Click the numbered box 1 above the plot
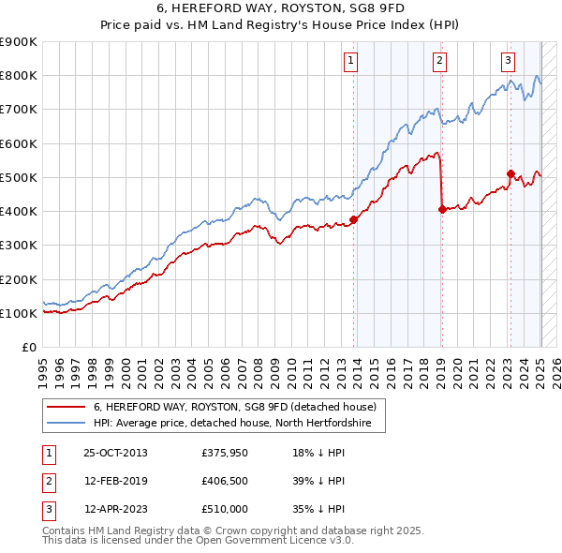tap(350, 62)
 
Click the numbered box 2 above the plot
tap(439, 62)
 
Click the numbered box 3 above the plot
tap(508, 62)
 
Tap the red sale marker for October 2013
tap(354, 220)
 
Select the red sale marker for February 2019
tap(441, 210)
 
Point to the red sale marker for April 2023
tap(510, 173)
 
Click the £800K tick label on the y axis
tap(19, 76)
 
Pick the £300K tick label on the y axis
tap(19, 246)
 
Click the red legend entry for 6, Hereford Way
tap(234, 408)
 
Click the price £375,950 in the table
tap(223, 453)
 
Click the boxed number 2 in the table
tap(46, 481)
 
